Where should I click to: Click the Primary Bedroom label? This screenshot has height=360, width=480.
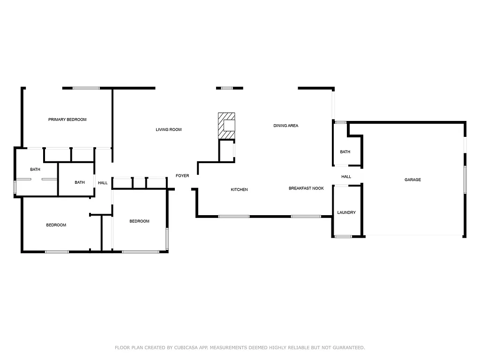point(67,120)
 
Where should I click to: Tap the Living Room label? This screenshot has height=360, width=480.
point(169,129)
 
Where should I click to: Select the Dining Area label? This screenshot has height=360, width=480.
point(286,126)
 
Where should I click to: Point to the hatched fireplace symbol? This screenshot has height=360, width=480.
point(227,126)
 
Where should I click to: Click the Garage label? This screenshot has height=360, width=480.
point(413,180)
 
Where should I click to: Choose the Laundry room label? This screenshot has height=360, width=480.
point(346,212)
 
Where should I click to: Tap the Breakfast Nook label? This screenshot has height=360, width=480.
point(306,188)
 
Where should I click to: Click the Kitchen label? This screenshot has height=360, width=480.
point(239,189)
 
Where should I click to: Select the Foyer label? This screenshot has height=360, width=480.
point(182,176)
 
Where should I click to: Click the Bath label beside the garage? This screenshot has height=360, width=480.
point(345,152)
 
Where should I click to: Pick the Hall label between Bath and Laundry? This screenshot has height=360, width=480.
point(346,177)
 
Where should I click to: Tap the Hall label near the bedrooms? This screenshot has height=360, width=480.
point(103,183)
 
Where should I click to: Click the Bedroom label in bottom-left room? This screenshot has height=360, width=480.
point(56,225)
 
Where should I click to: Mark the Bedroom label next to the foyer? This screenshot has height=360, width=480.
point(139,221)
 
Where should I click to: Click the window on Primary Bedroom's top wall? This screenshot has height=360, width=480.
point(86,88)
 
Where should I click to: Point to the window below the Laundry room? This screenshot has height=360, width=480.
point(343,236)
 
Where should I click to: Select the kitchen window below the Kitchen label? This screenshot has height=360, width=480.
point(234,216)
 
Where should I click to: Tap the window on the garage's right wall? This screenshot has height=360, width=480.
point(465,179)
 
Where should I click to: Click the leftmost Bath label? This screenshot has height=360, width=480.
point(35,169)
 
